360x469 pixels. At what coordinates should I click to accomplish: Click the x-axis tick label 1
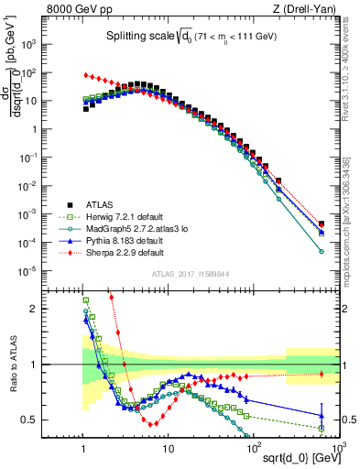click(x=83, y=447)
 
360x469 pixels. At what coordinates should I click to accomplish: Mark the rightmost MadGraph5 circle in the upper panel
click(x=322, y=250)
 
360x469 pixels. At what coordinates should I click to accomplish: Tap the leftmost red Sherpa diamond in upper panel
click(x=85, y=75)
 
